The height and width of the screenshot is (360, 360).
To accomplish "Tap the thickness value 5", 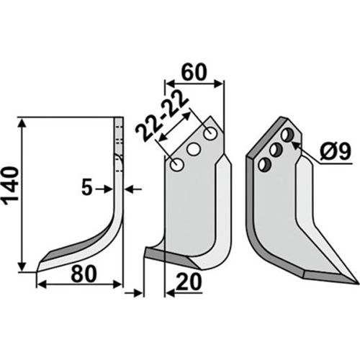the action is point(87,188).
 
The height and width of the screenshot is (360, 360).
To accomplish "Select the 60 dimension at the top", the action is point(194,72).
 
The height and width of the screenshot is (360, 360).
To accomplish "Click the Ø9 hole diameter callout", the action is point(336,152).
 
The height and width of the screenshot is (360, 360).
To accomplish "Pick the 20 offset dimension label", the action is point(189,282).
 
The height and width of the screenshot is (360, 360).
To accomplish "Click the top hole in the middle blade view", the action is point(210,135).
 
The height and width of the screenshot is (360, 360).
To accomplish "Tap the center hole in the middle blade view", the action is point(194,150).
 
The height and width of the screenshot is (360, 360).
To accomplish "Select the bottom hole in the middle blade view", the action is point(177,165).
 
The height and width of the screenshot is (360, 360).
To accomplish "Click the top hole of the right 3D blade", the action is point(287,135).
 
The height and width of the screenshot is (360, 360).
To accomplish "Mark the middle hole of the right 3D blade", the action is point(276,150).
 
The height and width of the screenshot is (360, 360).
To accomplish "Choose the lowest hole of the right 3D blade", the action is point(264,165).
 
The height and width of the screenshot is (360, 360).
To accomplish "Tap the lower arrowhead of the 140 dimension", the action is point(22,266).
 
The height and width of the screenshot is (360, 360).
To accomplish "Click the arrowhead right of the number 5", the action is point(130,189).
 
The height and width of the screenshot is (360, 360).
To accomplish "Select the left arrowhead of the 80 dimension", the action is point(42,285).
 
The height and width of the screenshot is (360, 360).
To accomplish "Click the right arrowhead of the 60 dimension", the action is point(218,84).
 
